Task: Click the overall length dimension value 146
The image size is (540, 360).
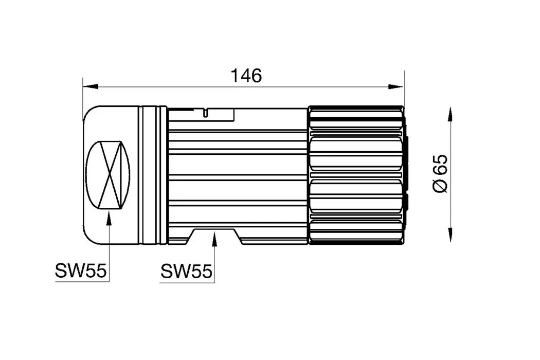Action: pos(246,76)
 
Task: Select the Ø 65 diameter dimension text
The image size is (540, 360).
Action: pos(441,173)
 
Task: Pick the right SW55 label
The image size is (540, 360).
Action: pos(186,271)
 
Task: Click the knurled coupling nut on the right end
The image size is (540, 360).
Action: pos(356,175)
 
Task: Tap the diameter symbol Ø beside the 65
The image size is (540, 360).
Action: pos(441,186)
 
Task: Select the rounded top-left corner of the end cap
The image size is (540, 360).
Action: pos(88,113)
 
